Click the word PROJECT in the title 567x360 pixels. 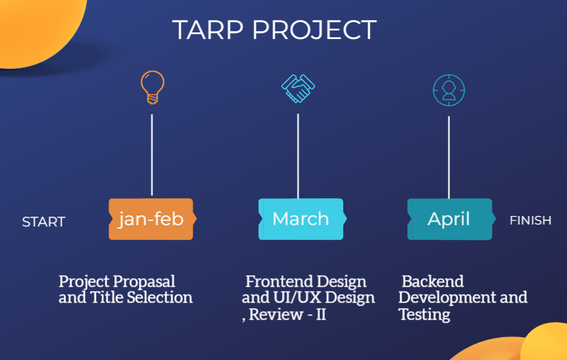click(315, 30)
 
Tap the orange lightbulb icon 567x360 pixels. click(152, 87)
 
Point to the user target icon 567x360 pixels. click(449, 90)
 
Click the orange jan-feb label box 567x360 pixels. click(151, 219)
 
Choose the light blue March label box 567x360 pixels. click(301, 219)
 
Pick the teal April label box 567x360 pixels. click(449, 219)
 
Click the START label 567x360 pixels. click(43, 222)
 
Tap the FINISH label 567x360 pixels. click(530, 220)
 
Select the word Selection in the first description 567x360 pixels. click(160, 298)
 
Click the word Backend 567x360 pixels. click(433, 282)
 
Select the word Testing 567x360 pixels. click(424, 315)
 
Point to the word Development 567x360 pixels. click(448, 298)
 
